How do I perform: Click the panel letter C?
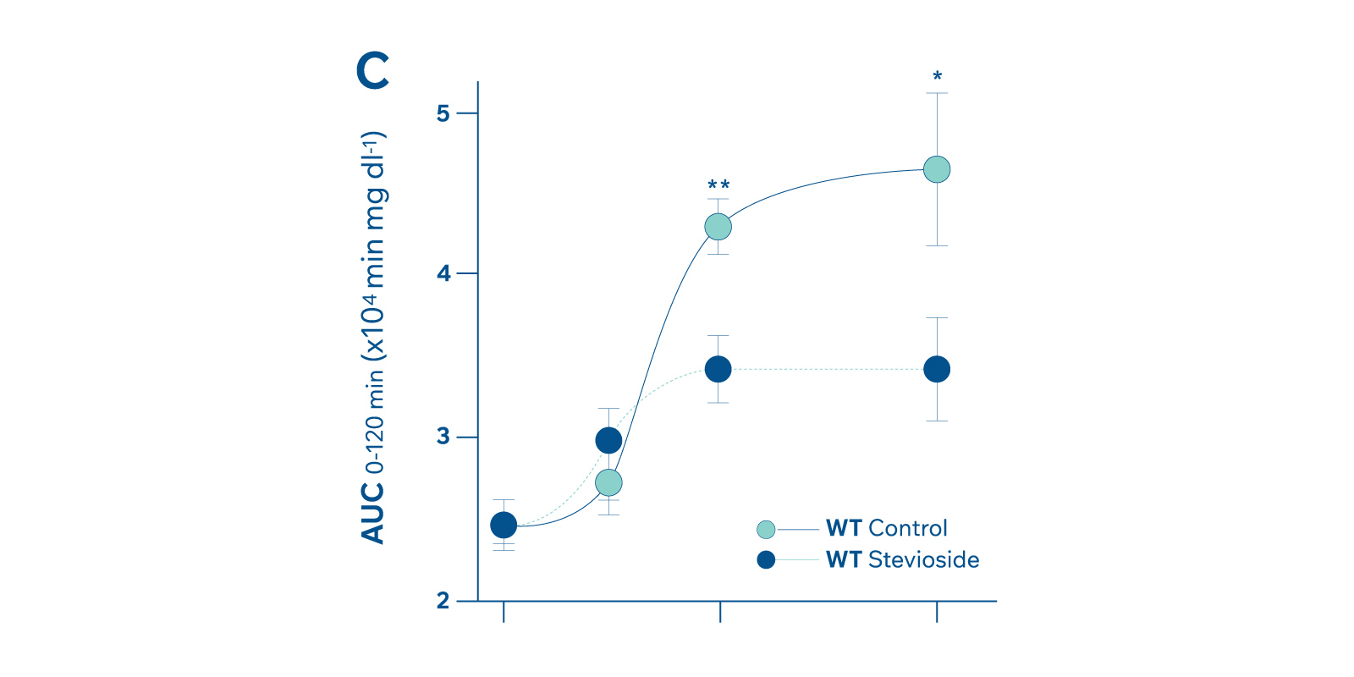pos(373,70)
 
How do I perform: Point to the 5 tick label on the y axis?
pos(443,113)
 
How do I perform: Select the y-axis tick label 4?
pos(443,274)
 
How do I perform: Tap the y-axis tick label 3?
pos(443,438)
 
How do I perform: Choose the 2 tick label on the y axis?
pos(443,602)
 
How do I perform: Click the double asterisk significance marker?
pos(718,185)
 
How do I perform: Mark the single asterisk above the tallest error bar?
pos(937,77)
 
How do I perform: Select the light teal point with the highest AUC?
pos(937,169)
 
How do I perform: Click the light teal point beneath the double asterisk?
pos(718,227)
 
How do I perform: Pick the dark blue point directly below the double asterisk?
pos(718,369)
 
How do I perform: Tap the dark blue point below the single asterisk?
pos(937,369)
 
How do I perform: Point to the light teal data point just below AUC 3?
pos(608,483)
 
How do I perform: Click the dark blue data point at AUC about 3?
pos(608,440)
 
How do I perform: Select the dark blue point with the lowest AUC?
pos(504,526)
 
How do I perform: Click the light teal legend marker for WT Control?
pos(766,530)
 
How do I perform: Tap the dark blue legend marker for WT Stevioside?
pos(766,559)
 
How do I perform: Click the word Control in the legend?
pos(908,528)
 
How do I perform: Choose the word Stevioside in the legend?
pos(924,559)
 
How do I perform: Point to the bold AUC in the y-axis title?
pos(372,513)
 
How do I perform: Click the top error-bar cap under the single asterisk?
pos(937,93)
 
